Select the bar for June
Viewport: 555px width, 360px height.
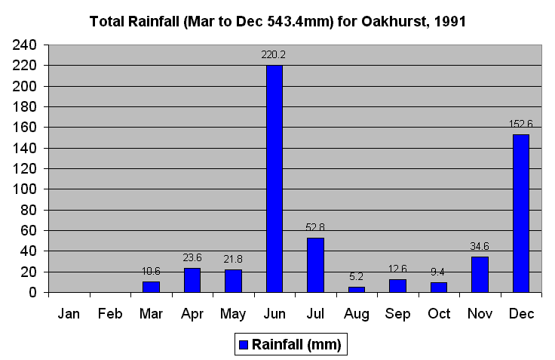[274, 179]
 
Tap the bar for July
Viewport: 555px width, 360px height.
[315, 265]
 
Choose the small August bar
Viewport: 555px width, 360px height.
[357, 289]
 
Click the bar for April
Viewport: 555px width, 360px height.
[192, 280]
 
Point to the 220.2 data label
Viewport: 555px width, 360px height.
[274, 54]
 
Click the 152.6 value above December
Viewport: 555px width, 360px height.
[521, 124]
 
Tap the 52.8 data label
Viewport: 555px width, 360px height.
[315, 226]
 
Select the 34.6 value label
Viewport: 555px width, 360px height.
[480, 245]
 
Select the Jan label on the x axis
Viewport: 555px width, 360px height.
[69, 314]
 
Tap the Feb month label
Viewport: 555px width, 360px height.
[110, 314]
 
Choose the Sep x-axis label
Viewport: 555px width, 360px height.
[397, 314]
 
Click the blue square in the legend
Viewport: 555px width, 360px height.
[243, 345]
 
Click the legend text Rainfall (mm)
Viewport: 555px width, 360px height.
[296, 345]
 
